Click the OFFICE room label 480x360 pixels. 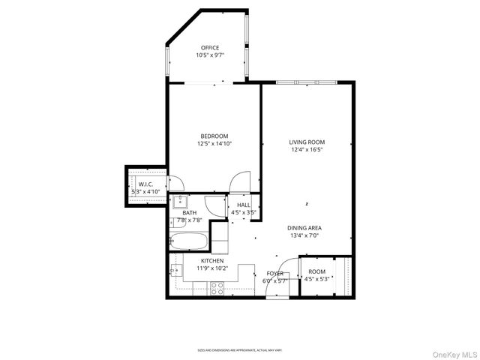pos(209,47)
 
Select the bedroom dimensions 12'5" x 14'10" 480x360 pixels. pos(214,143)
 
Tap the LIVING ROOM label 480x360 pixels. pos(307,141)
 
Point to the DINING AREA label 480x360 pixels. pos(304,227)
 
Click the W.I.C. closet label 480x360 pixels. pos(145,184)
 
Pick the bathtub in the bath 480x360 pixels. pos(189,241)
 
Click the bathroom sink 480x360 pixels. pos(180,201)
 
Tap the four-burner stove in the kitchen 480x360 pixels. pos(217,286)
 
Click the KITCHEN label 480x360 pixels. pos(212,260)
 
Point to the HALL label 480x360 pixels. pos(244,205)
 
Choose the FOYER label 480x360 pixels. pos(275,274)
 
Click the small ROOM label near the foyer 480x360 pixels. pos(317,271)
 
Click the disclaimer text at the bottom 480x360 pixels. pos(240,349)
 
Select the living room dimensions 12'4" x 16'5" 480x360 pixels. pos(307,149)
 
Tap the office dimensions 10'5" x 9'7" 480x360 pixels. pos(210,55)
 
